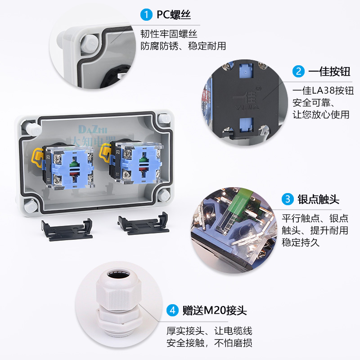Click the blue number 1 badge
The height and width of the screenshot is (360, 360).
tap(146, 15)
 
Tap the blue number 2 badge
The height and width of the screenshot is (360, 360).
tap(298, 71)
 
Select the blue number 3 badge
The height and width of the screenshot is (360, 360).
tap(288, 199)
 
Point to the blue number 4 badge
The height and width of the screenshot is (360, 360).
tap(172, 310)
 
